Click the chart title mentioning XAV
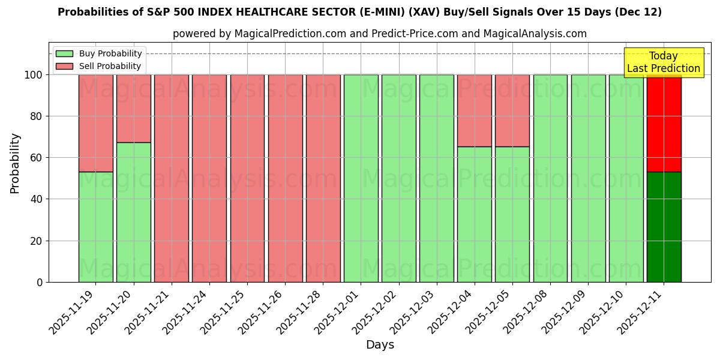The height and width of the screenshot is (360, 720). coord(359,12)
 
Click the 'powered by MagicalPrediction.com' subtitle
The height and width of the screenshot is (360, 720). coord(379,34)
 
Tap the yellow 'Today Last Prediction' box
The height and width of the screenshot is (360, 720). coord(663,62)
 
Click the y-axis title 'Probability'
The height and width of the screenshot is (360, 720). coord(15,163)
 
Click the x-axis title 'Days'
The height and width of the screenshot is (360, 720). coord(380,345)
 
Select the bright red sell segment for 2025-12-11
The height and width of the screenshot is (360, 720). coord(664,123)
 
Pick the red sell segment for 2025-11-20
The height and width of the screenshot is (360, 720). coord(133,109)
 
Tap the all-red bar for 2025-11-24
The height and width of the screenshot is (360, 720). coord(209,178)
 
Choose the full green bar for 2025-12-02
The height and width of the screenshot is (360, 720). coord(399,178)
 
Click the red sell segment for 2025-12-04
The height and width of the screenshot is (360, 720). coord(475,110)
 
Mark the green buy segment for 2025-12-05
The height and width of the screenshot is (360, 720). coord(512,214)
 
